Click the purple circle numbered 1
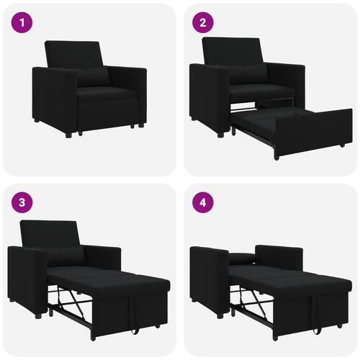click(x=23, y=23)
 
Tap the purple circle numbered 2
click(x=203, y=23)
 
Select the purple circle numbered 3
click(x=23, y=203)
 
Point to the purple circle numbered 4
click(x=203, y=203)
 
